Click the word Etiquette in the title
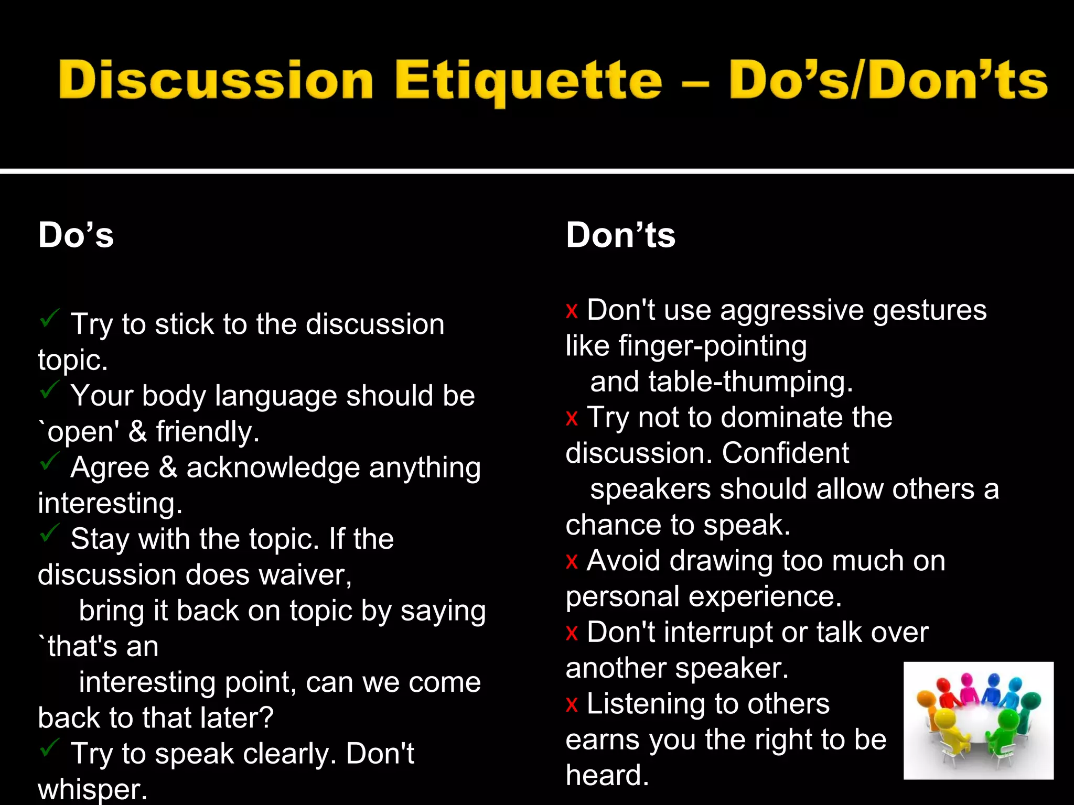click(x=528, y=81)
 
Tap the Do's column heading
click(x=76, y=235)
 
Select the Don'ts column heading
click(x=620, y=235)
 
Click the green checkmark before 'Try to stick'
click(x=49, y=317)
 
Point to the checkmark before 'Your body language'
click(x=49, y=389)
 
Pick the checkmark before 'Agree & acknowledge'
click(x=49, y=461)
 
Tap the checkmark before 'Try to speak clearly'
click(x=49, y=747)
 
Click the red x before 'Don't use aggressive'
click(x=572, y=311)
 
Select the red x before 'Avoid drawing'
click(x=572, y=561)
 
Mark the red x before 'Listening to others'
click(x=572, y=704)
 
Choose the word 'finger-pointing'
click(x=713, y=346)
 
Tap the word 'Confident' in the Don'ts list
click(x=785, y=453)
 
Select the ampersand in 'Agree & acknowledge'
click(x=168, y=467)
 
